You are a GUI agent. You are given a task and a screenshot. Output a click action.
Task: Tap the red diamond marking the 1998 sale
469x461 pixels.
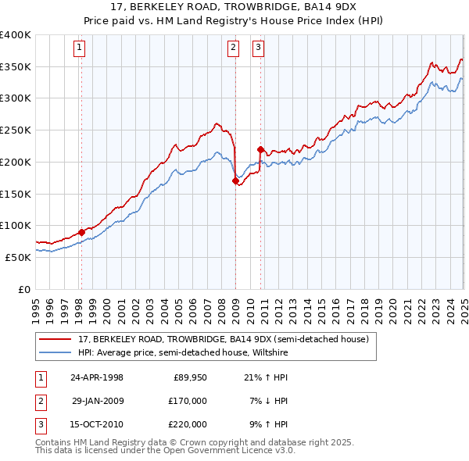click(x=81, y=232)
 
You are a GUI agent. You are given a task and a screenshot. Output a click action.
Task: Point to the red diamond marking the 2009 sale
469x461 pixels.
click(x=235, y=180)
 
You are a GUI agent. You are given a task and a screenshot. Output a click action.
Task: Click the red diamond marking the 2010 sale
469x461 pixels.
click(x=260, y=149)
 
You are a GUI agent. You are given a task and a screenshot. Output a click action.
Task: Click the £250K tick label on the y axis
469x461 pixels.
click(x=16, y=130)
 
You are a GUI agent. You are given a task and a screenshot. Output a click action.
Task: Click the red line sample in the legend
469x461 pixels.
click(x=55, y=339)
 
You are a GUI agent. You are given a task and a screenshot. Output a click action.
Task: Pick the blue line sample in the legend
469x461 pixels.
click(x=55, y=352)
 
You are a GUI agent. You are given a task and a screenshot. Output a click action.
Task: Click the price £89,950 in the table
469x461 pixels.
click(x=190, y=377)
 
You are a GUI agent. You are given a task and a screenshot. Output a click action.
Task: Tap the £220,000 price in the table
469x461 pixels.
click(x=188, y=424)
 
